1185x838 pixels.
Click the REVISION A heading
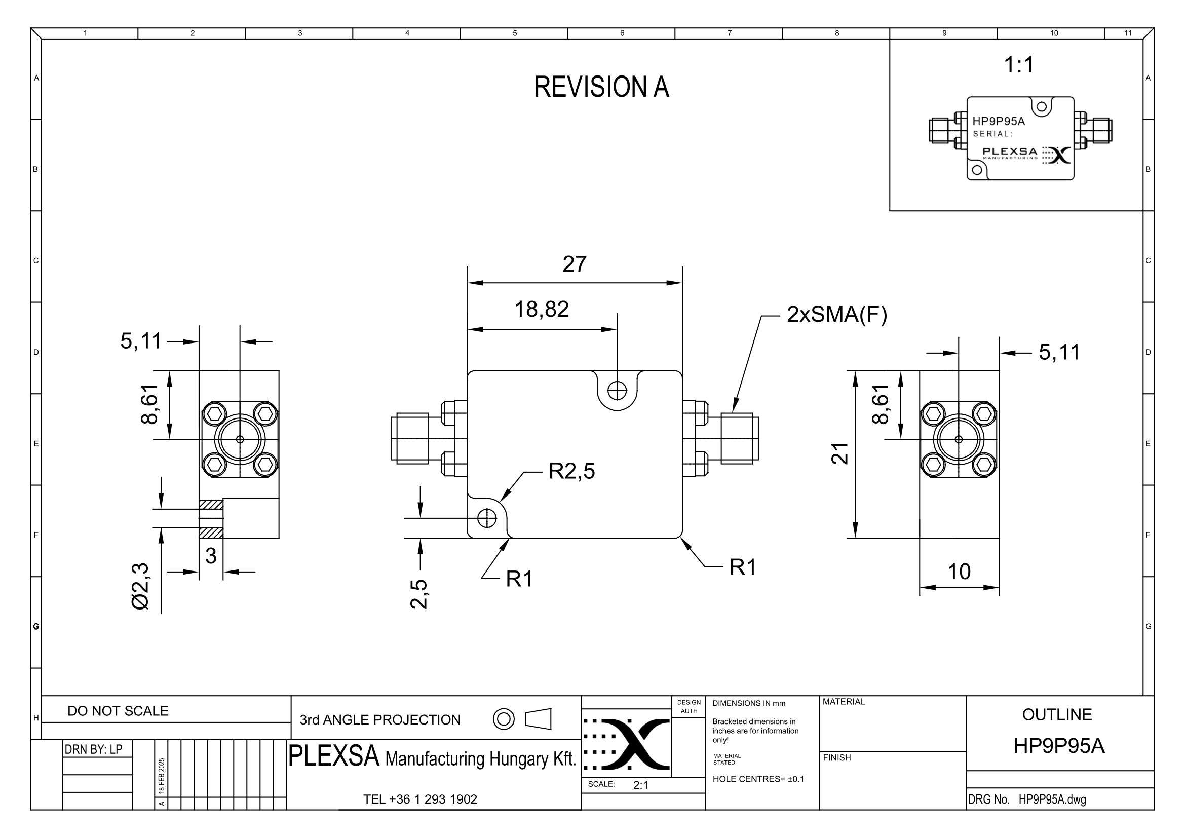click(x=601, y=87)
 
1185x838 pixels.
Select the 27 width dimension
click(x=575, y=264)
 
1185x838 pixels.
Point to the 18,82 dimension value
click(x=542, y=310)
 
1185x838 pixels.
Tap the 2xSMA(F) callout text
click(x=836, y=314)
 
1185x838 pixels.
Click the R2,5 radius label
click(x=571, y=471)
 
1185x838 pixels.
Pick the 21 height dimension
click(x=839, y=453)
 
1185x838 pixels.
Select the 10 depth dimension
click(x=959, y=572)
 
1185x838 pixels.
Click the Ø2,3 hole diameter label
click(x=140, y=586)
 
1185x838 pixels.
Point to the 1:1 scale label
click(x=1019, y=65)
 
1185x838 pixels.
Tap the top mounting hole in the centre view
click(x=617, y=390)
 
